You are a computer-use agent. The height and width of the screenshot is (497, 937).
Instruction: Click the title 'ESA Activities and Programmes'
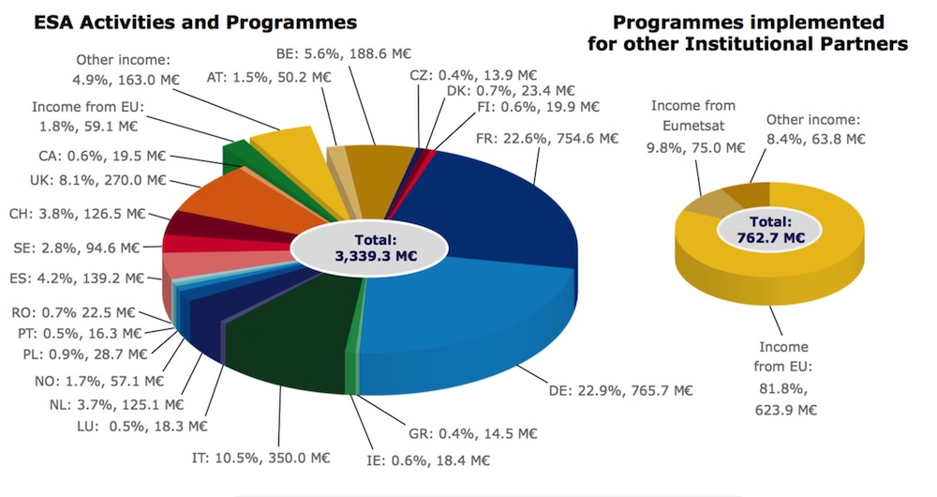[x=182, y=21]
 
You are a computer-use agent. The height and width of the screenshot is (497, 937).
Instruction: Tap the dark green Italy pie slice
[x=290, y=328]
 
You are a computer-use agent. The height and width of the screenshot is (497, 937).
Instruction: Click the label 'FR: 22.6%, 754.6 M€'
[x=549, y=138]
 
